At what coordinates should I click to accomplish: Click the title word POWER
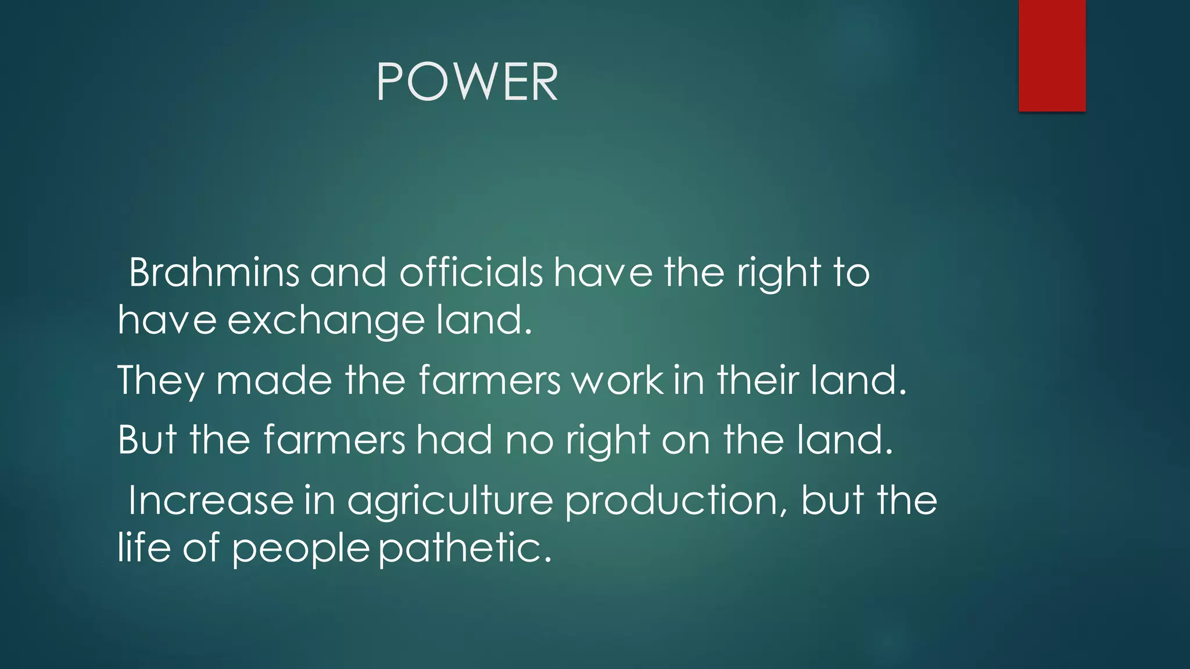click(x=467, y=82)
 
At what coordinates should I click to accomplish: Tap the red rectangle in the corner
click(x=1052, y=55)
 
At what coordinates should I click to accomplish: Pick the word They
click(x=160, y=380)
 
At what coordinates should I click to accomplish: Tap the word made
click(x=274, y=380)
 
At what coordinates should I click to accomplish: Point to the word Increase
click(x=211, y=500)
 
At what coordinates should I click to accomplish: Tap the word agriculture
click(x=450, y=501)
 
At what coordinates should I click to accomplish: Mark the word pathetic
click(x=465, y=548)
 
